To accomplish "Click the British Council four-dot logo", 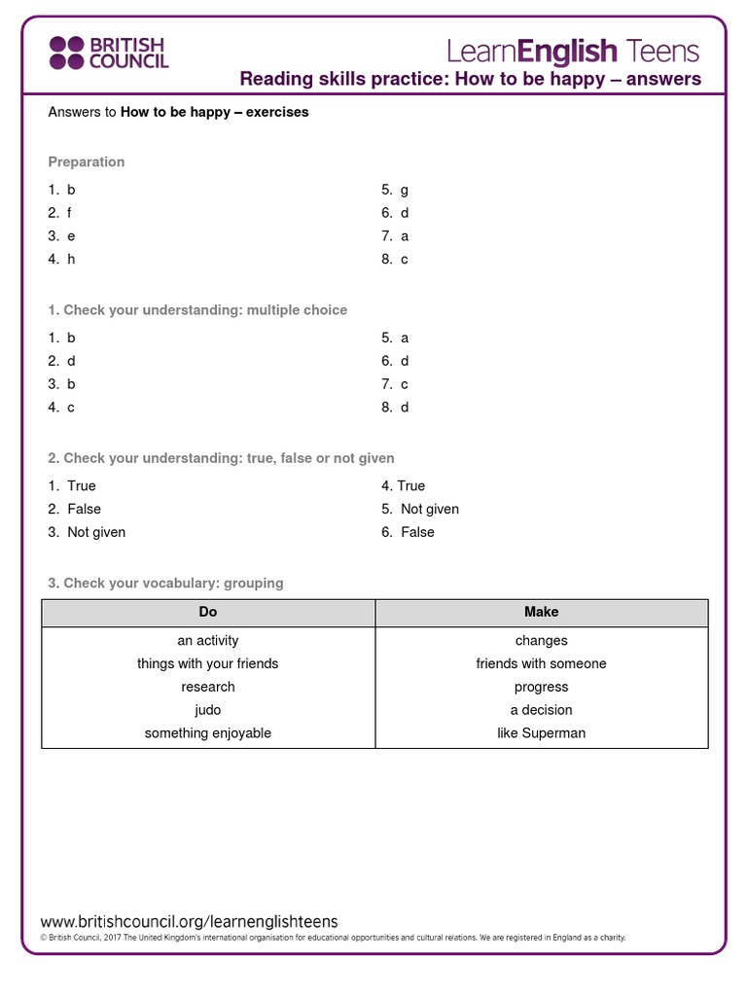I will tap(68, 53).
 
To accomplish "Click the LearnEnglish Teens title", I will tap(573, 50).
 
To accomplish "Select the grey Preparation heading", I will tap(87, 161).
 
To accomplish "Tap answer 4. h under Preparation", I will tap(61, 259).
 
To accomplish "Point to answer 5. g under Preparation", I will tap(395, 190).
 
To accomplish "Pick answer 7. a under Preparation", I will tap(395, 235).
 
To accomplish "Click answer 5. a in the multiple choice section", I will tap(395, 338).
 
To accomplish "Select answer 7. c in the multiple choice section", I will tap(395, 384).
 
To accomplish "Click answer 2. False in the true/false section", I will tap(75, 509).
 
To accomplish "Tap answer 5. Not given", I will tap(420, 509).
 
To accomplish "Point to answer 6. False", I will tap(409, 532).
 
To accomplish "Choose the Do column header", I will tap(208, 612).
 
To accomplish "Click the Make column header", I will tap(541, 612).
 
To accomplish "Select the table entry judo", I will tap(208, 710).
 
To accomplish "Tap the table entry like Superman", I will tap(541, 733).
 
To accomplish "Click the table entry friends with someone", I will tap(541, 663).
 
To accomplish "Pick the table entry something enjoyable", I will tap(208, 733).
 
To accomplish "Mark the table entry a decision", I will tap(541, 710).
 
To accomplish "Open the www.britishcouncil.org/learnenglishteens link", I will tap(189, 921).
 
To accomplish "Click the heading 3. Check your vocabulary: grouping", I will tap(165, 583).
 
